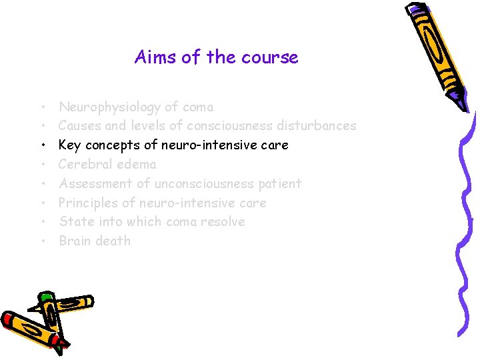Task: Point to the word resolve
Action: pos(222,221)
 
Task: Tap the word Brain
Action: pos(75,241)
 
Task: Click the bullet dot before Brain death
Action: pos(42,241)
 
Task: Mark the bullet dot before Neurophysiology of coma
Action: pos(42,107)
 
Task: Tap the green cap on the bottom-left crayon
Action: pos(46,297)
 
